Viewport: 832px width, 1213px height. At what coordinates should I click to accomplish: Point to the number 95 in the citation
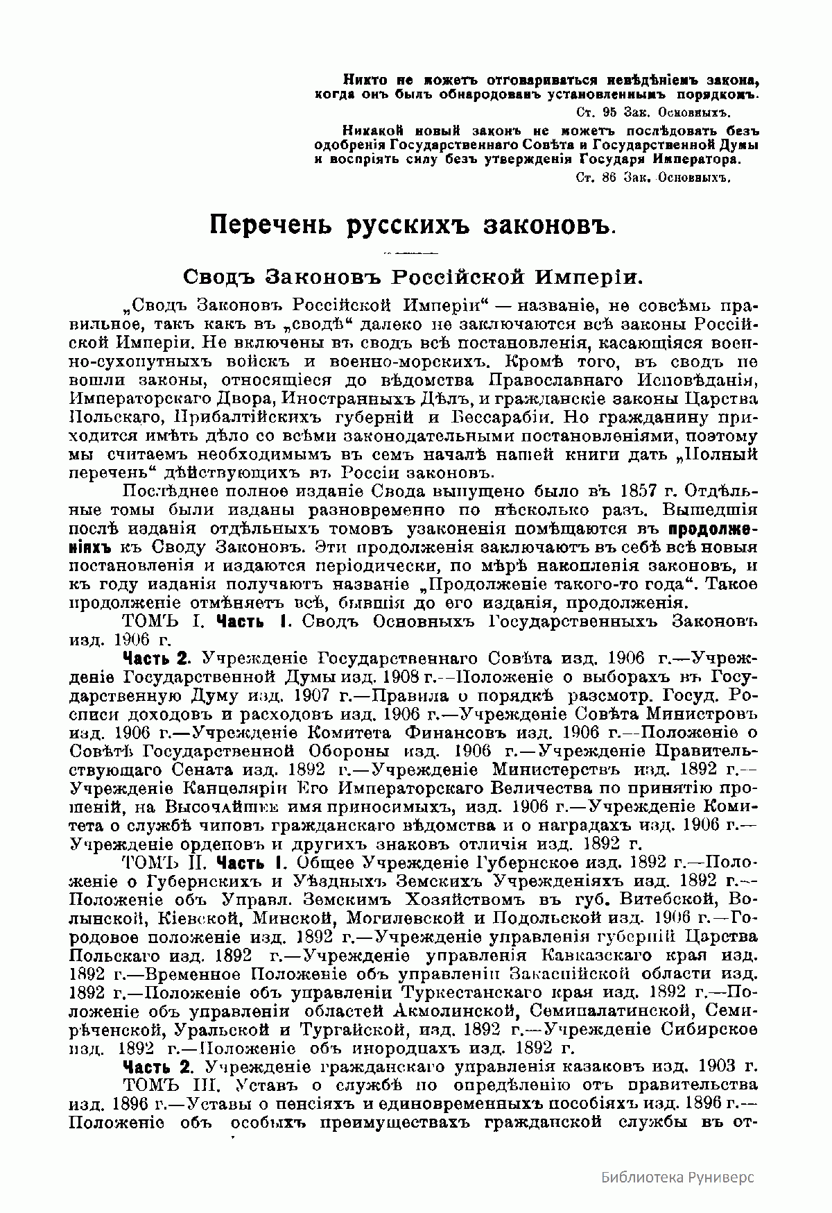tap(612, 111)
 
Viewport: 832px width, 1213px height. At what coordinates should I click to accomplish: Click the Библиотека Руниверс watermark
tap(677, 1176)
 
